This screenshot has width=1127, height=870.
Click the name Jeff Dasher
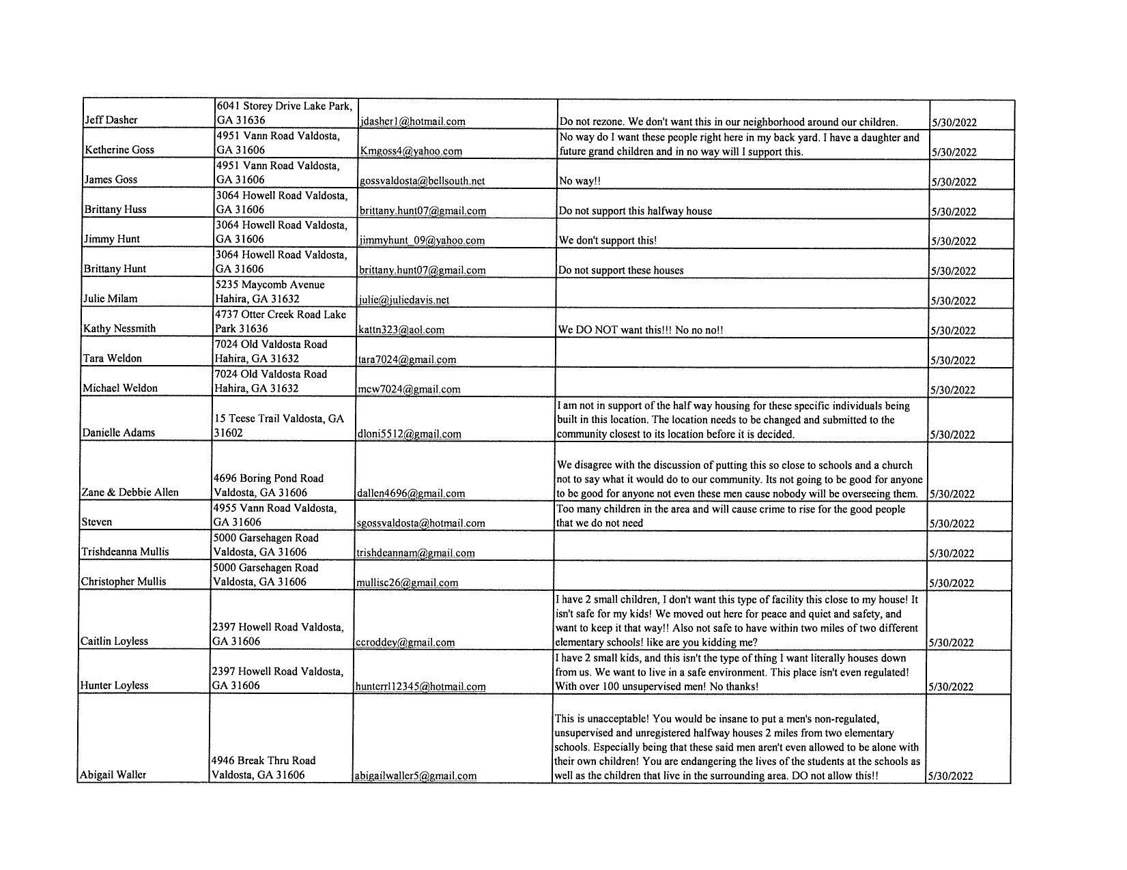pyautogui.click(x=111, y=120)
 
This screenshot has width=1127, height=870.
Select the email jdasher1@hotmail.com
pyautogui.click(x=412, y=121)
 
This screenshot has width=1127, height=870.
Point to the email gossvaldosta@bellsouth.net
pyautogui.click(x=422, y=181)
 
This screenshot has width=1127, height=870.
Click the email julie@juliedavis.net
pyautogui.click(x=404, y=300)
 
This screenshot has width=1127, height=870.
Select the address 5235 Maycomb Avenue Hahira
pyautogui.click(x=270, y=291)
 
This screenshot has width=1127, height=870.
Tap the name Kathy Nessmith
pyautogui.click(x=119, y=328)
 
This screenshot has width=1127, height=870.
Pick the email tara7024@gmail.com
pyautogui.click(x=408, y=360)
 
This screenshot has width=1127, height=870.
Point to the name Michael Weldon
pyautogui.click(x=120, y=388)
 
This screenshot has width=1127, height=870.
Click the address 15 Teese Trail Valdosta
pyautogui.click(x=279, y=425)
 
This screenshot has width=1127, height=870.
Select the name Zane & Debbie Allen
pyautogui.click(x=130, y=492)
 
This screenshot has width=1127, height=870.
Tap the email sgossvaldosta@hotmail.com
pyautogui.click(x=420, y=523)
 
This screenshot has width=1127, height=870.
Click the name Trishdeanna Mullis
pyautogui.click(x=125, y=551)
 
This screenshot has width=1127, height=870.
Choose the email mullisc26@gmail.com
pyautogui.click(x=408, y=583)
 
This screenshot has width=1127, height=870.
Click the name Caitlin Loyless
pyautogui.click(x=114, y=641)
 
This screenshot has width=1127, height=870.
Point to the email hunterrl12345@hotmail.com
pyautogui.click(x=420, y=686)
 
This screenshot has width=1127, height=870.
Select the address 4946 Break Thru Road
pyautogui.click(x=263, y=767)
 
